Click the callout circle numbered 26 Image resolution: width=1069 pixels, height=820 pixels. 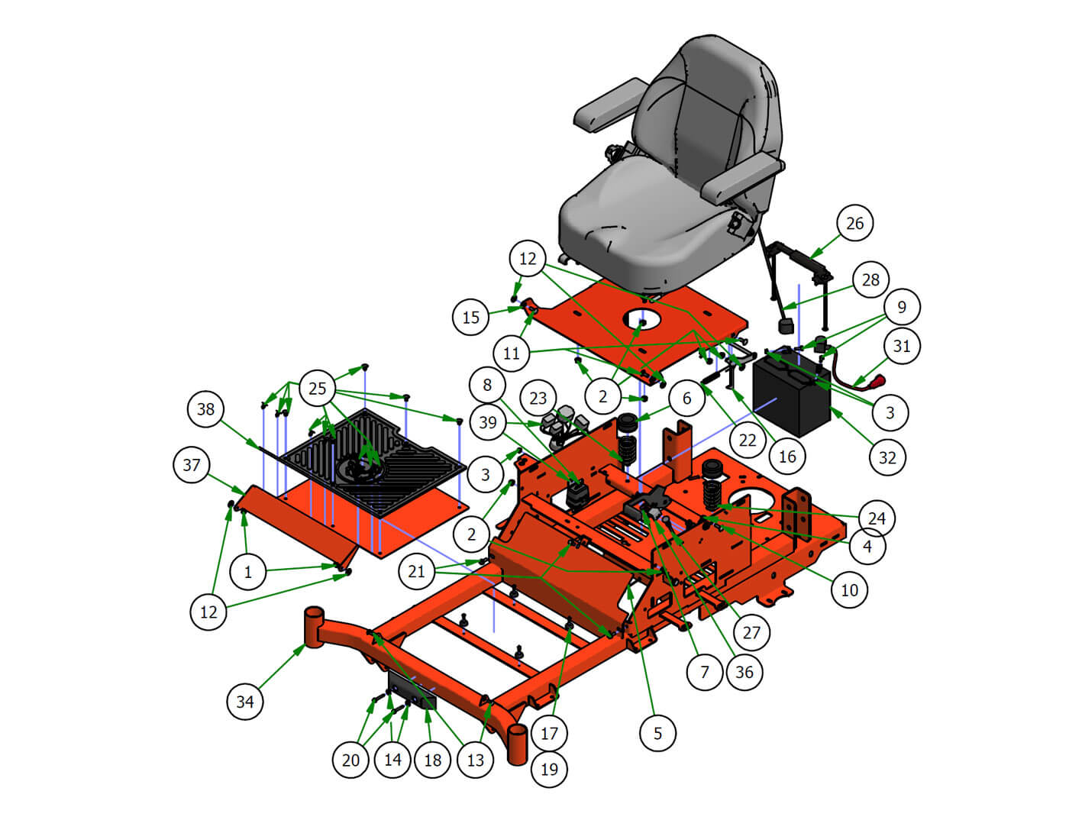854,223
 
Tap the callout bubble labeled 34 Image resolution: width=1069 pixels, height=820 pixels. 245,702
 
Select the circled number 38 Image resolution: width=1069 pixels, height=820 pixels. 206,408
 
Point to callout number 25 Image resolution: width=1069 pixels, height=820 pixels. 318,388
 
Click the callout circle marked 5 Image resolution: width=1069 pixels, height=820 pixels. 657,733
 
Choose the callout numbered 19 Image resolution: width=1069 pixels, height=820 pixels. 549,769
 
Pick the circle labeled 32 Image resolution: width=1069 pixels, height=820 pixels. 887,457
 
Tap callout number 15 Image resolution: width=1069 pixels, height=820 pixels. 471,317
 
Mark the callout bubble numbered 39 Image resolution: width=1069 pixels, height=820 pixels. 488,422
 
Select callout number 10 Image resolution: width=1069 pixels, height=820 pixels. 849,589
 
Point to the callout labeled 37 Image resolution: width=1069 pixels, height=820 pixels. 192,464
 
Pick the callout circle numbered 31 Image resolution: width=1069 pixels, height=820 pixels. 902,346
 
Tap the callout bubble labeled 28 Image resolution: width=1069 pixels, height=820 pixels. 870,279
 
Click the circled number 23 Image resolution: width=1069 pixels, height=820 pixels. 538,398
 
